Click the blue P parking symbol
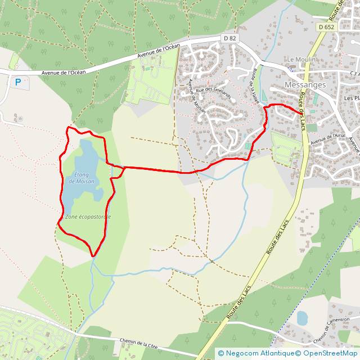[18, 82]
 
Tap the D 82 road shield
[228, 38]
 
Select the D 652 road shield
[325, 26]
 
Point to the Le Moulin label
[302, 60]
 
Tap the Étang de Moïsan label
[81, 177]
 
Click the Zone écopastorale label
[88, 217]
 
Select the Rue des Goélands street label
[213, 89]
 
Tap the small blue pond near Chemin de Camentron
[302, 318]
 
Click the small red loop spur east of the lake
[118, 172]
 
